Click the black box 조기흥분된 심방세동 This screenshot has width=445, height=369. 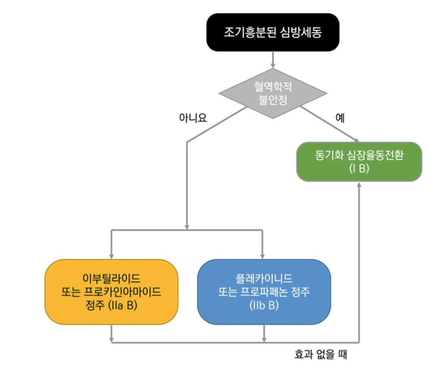[273, 31]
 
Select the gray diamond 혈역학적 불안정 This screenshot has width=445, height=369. [273, 93]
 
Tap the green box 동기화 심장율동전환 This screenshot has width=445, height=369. [359, 161]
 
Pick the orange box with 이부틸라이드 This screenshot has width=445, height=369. [112, 291]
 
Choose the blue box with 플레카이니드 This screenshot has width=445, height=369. [264, 291]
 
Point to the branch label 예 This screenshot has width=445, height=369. [340, 118]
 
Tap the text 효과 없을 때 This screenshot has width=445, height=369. [321, 355]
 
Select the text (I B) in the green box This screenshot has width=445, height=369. [359, 168]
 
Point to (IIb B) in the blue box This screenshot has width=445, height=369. [264, 304]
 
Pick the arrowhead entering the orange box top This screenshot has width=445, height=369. [112, 255]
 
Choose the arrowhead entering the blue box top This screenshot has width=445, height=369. [263, 255]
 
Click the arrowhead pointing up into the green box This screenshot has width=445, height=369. [359, 186]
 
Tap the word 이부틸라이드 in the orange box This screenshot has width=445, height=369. [112, 278]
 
